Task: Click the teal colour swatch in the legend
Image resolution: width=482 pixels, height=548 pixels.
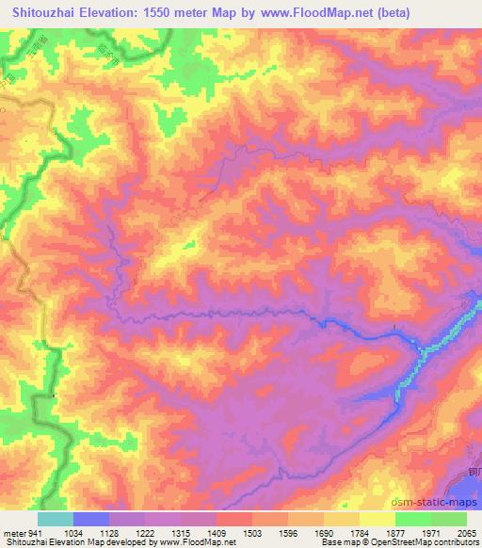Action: [x=56, y=519]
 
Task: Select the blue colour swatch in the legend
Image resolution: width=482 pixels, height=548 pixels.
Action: [x=91, y=519]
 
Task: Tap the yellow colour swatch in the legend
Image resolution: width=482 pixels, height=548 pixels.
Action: [x=378, y=519]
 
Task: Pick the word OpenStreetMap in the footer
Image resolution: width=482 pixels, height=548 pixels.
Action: [x=414, y=543]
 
